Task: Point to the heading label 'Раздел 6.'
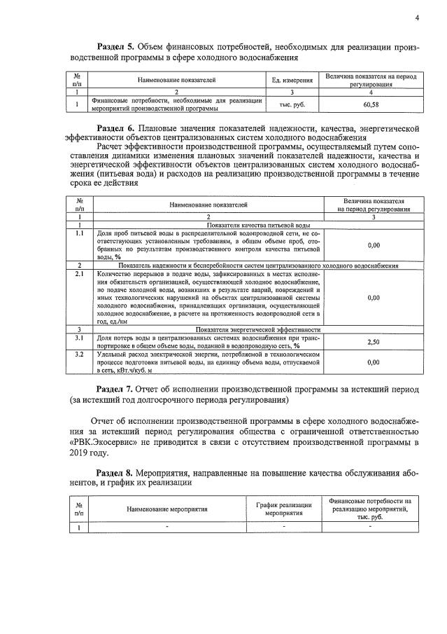click(117, 128)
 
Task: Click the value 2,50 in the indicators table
click(374, 341)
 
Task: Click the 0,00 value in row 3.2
click(374, 362)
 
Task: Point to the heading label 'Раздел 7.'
click(117, 389)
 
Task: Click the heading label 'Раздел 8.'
click(117, 473)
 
